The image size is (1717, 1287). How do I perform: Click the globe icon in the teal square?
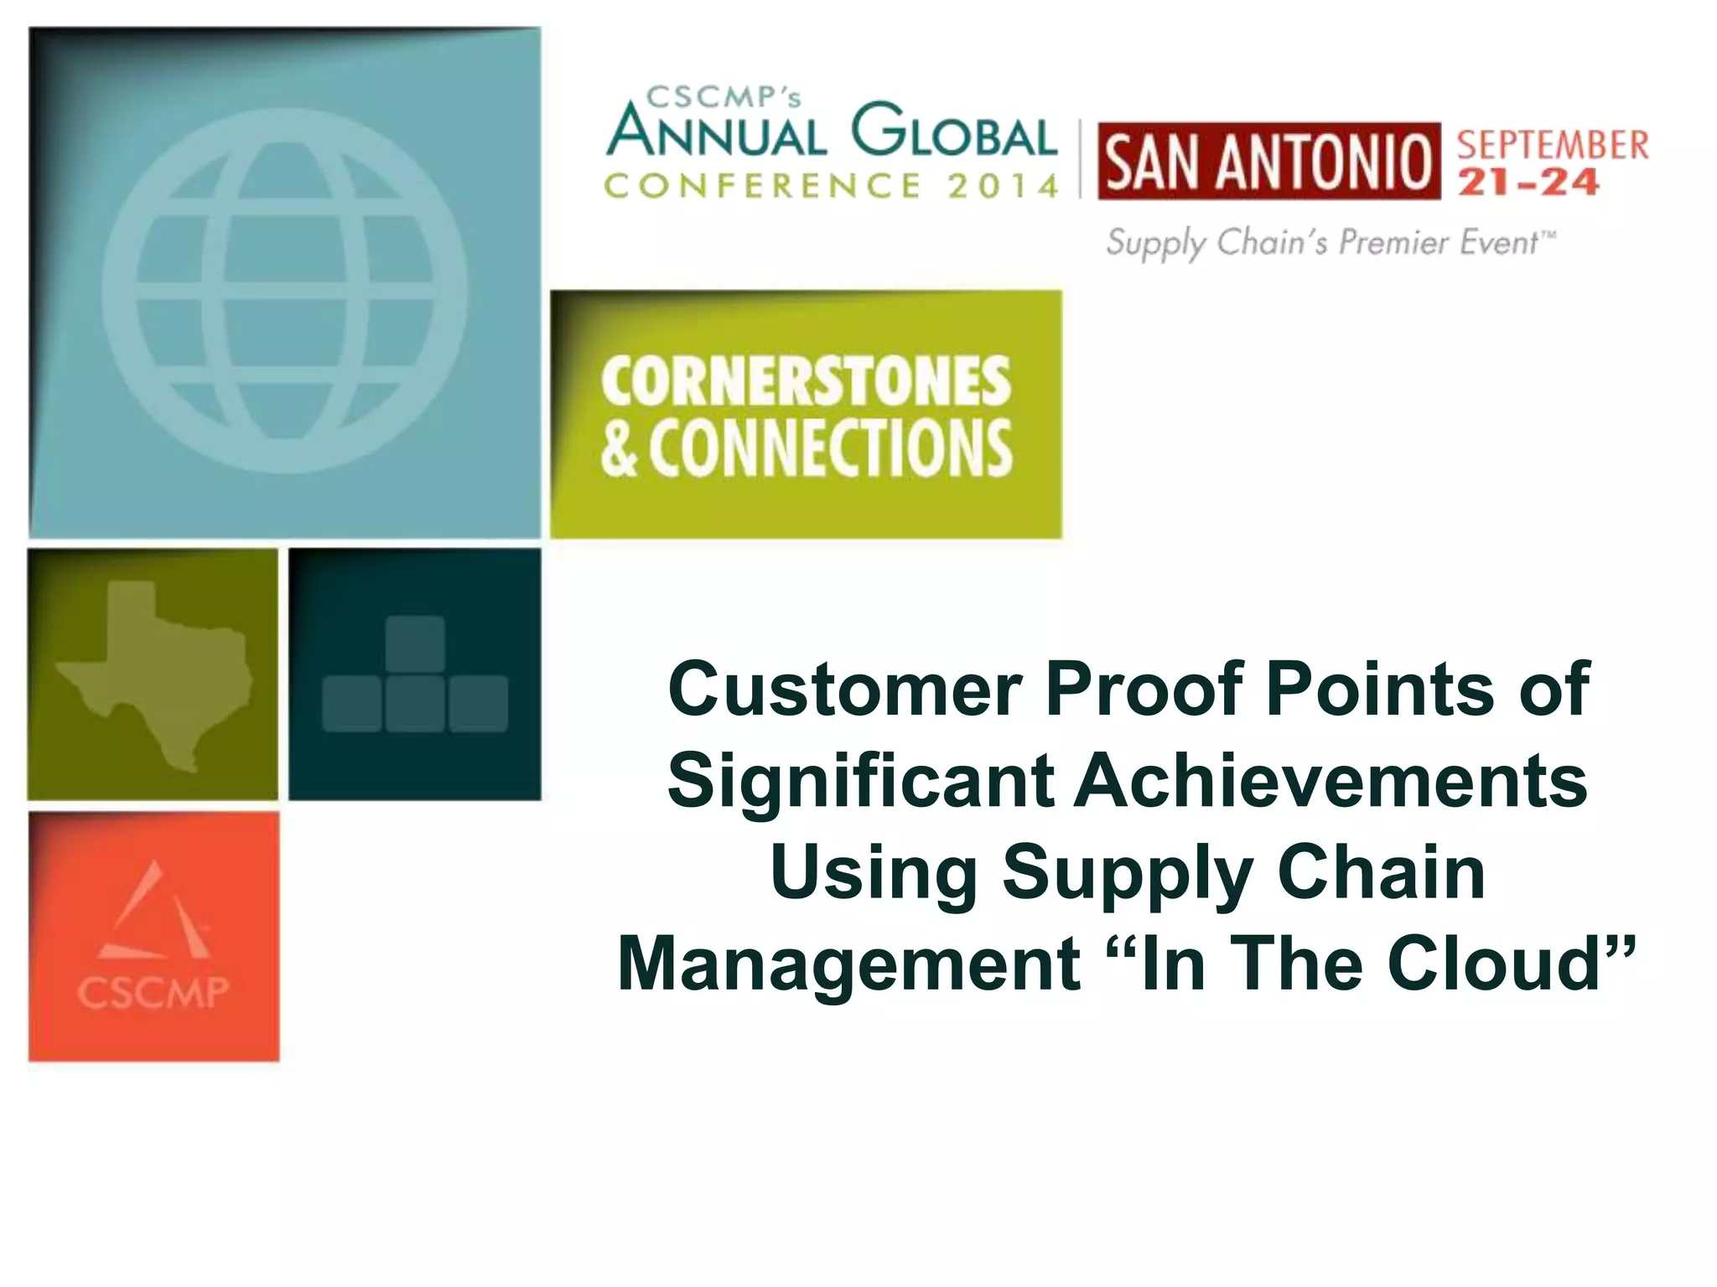(x=285, y=290)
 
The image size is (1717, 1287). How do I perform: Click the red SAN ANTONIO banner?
(x=1268, y=162)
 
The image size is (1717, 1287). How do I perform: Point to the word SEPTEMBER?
(x=1553, y=145)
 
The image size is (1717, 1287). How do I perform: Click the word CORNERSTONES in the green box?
(x=806, y=381)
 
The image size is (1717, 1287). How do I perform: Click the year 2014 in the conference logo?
(x=1004, y=186)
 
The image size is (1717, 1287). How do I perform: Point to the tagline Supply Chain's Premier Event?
(x=1330, y=242)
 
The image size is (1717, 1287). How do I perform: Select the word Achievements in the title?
(x=1331, y=781)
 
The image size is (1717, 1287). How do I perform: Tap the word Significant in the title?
(x=860, y=781)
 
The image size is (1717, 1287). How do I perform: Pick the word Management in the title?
(x=848, y=965)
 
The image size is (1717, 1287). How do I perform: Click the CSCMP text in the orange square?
(x=153, y=993)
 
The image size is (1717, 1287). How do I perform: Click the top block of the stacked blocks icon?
(x=415, y=643)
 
